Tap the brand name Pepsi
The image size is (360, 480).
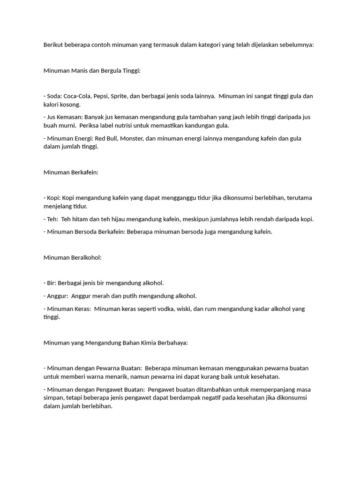101,96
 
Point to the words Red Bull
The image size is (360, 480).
108,138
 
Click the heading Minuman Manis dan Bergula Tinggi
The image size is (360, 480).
92,71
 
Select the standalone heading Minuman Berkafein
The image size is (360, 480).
71,172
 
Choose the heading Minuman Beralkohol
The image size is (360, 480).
73,257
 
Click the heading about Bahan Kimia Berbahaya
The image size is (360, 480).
116,343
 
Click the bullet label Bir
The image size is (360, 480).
51,283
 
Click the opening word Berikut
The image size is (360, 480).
54,45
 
